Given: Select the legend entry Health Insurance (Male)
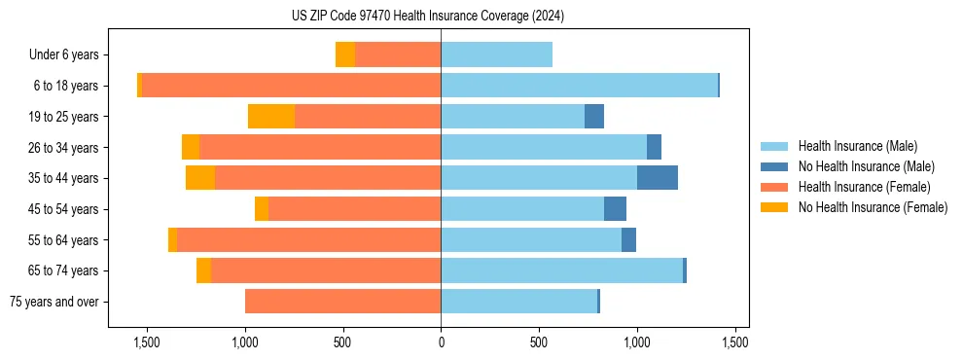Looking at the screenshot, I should click(x=857, y=146).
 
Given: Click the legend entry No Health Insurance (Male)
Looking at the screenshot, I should click(x=866, y=166).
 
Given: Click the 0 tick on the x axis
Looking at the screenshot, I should click(x=441, y=342).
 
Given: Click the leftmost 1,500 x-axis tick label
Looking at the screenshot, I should click(x=147, y=342).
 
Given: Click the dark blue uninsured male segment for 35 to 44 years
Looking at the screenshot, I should click(x=658, y=178).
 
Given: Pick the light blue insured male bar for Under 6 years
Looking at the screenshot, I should click(x=496, y=55).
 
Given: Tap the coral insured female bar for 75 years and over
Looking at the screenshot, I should click(x=342, y=302).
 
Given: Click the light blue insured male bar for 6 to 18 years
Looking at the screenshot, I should click(x=579, y=86).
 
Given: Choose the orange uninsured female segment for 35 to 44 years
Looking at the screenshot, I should click(x=200, y=178).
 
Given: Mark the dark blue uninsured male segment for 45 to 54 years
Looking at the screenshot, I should click(x=615, y=209).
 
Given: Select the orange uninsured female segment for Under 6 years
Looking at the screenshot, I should click(x=345, y=55).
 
